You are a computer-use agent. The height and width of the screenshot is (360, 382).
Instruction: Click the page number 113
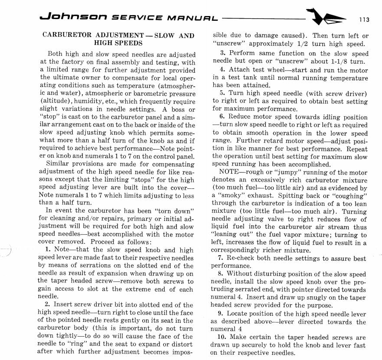pyautogui.click(x=364, y=19)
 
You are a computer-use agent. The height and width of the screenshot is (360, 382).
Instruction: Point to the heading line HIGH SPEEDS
pyautogui.click(x=118, y=43)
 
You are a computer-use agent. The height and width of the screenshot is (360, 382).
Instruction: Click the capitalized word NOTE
pyautogui.click(x=230, y=172)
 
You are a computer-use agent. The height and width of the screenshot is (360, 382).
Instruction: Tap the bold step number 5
pyautogui.click(x=222, y=94)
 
